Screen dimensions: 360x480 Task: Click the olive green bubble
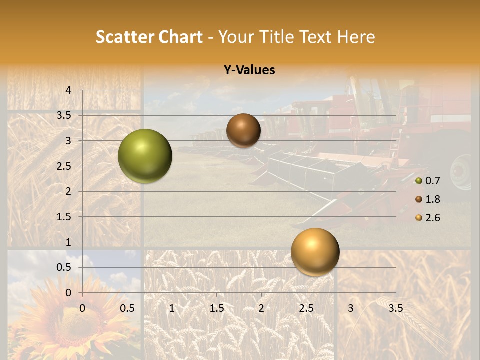(145, 156)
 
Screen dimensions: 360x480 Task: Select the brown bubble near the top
(243, 130)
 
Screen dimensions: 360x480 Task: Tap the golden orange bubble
(315, 252)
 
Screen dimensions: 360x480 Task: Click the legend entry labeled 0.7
(428, 181)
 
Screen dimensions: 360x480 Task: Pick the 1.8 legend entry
(428, 199)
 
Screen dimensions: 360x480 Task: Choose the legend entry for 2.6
(428, 218)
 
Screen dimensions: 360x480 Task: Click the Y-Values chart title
(249, 70)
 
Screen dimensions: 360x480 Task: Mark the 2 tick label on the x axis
(261, 308)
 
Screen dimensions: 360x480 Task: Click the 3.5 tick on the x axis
(395, 308)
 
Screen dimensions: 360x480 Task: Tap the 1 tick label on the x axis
(172, 308)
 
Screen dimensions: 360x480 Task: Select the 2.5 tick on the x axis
(306, 308)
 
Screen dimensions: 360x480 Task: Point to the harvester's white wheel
(461, 172)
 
